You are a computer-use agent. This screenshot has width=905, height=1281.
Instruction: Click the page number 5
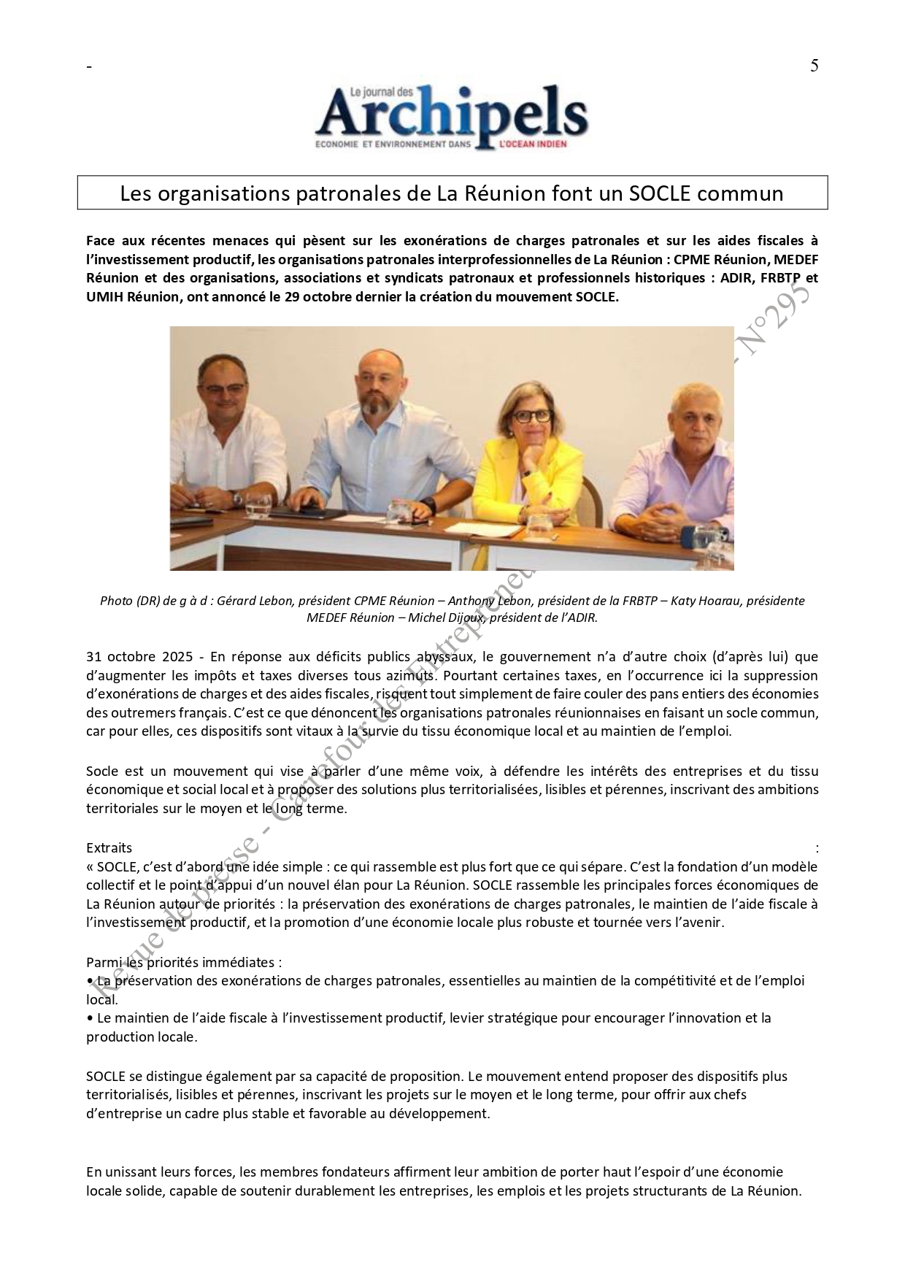tap(814, 66)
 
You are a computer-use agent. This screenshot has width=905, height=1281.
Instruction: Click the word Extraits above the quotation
tap(109, 847)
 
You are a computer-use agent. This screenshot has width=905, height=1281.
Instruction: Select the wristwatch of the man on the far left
tap(236, 498)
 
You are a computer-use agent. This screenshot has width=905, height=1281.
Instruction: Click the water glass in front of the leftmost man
tap(257, 505)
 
